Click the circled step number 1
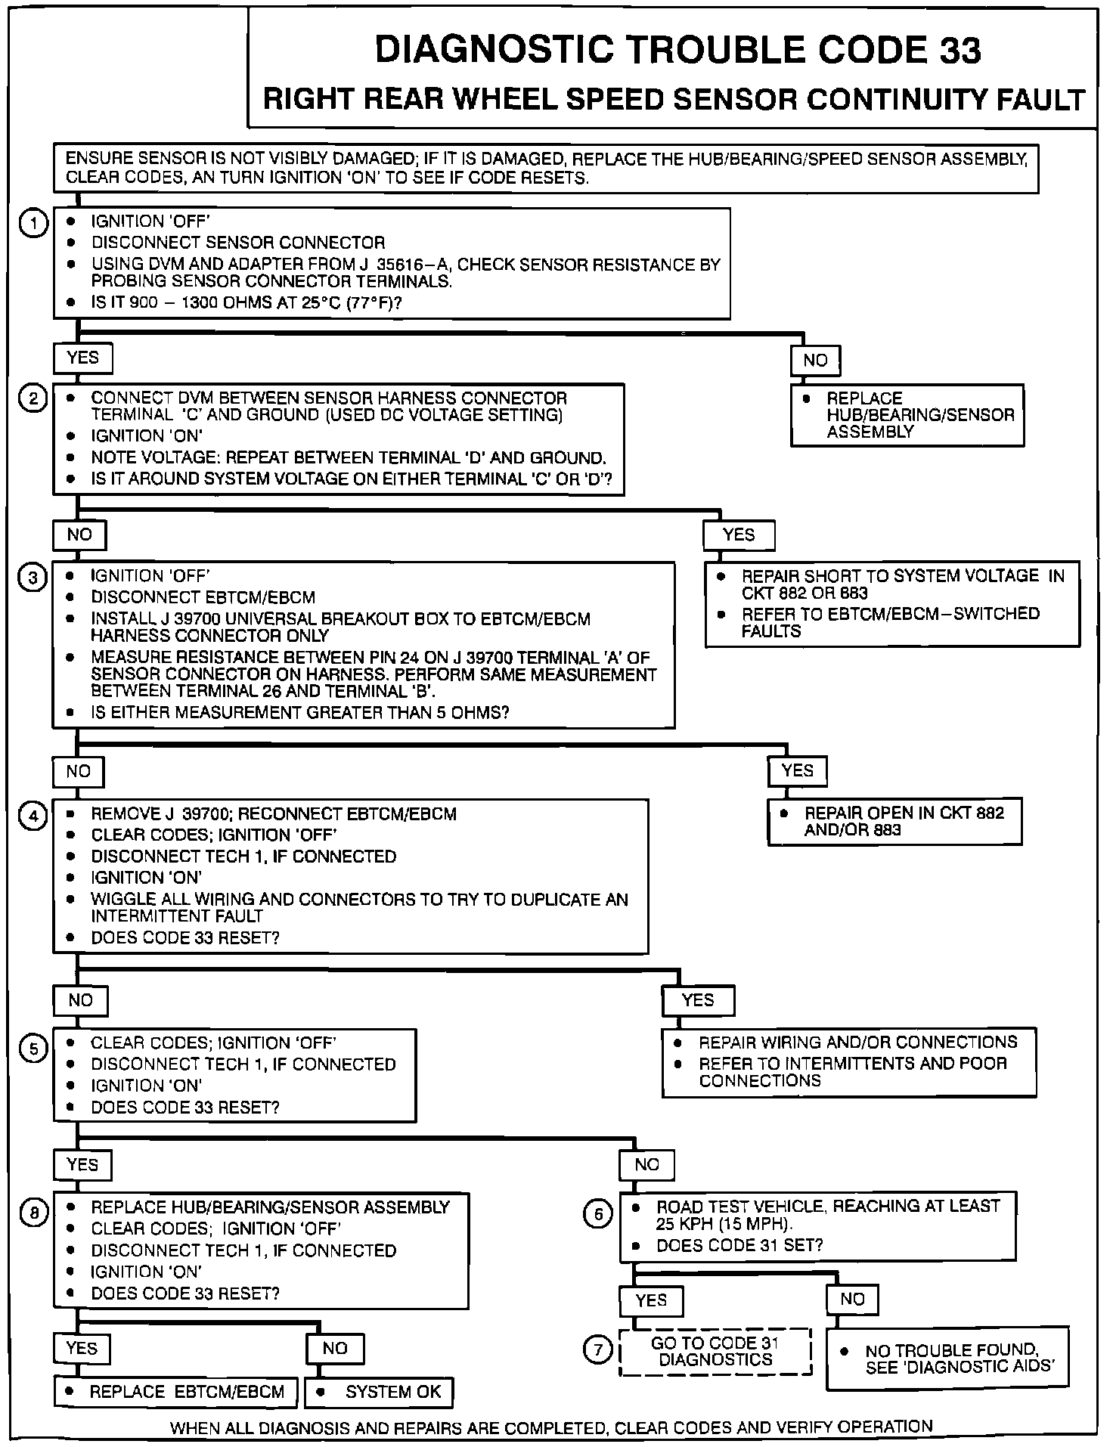(33, 223)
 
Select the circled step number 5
(33, 1050)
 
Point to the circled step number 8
(33, 1213)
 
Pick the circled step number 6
(597, 1213)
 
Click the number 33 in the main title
(960, 51)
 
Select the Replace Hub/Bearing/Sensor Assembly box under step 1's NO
(907, 415)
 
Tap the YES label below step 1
(82, 358)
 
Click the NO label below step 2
(79, 535)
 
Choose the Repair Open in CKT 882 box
(894, 821)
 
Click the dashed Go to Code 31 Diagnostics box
(715, 1351)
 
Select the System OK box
(379, 1392)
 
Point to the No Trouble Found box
(947, 1358)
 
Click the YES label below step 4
(697, 1000)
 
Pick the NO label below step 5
(646, 1165)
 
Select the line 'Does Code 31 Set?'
(739, 1244)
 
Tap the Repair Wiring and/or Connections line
(857, 1043)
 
